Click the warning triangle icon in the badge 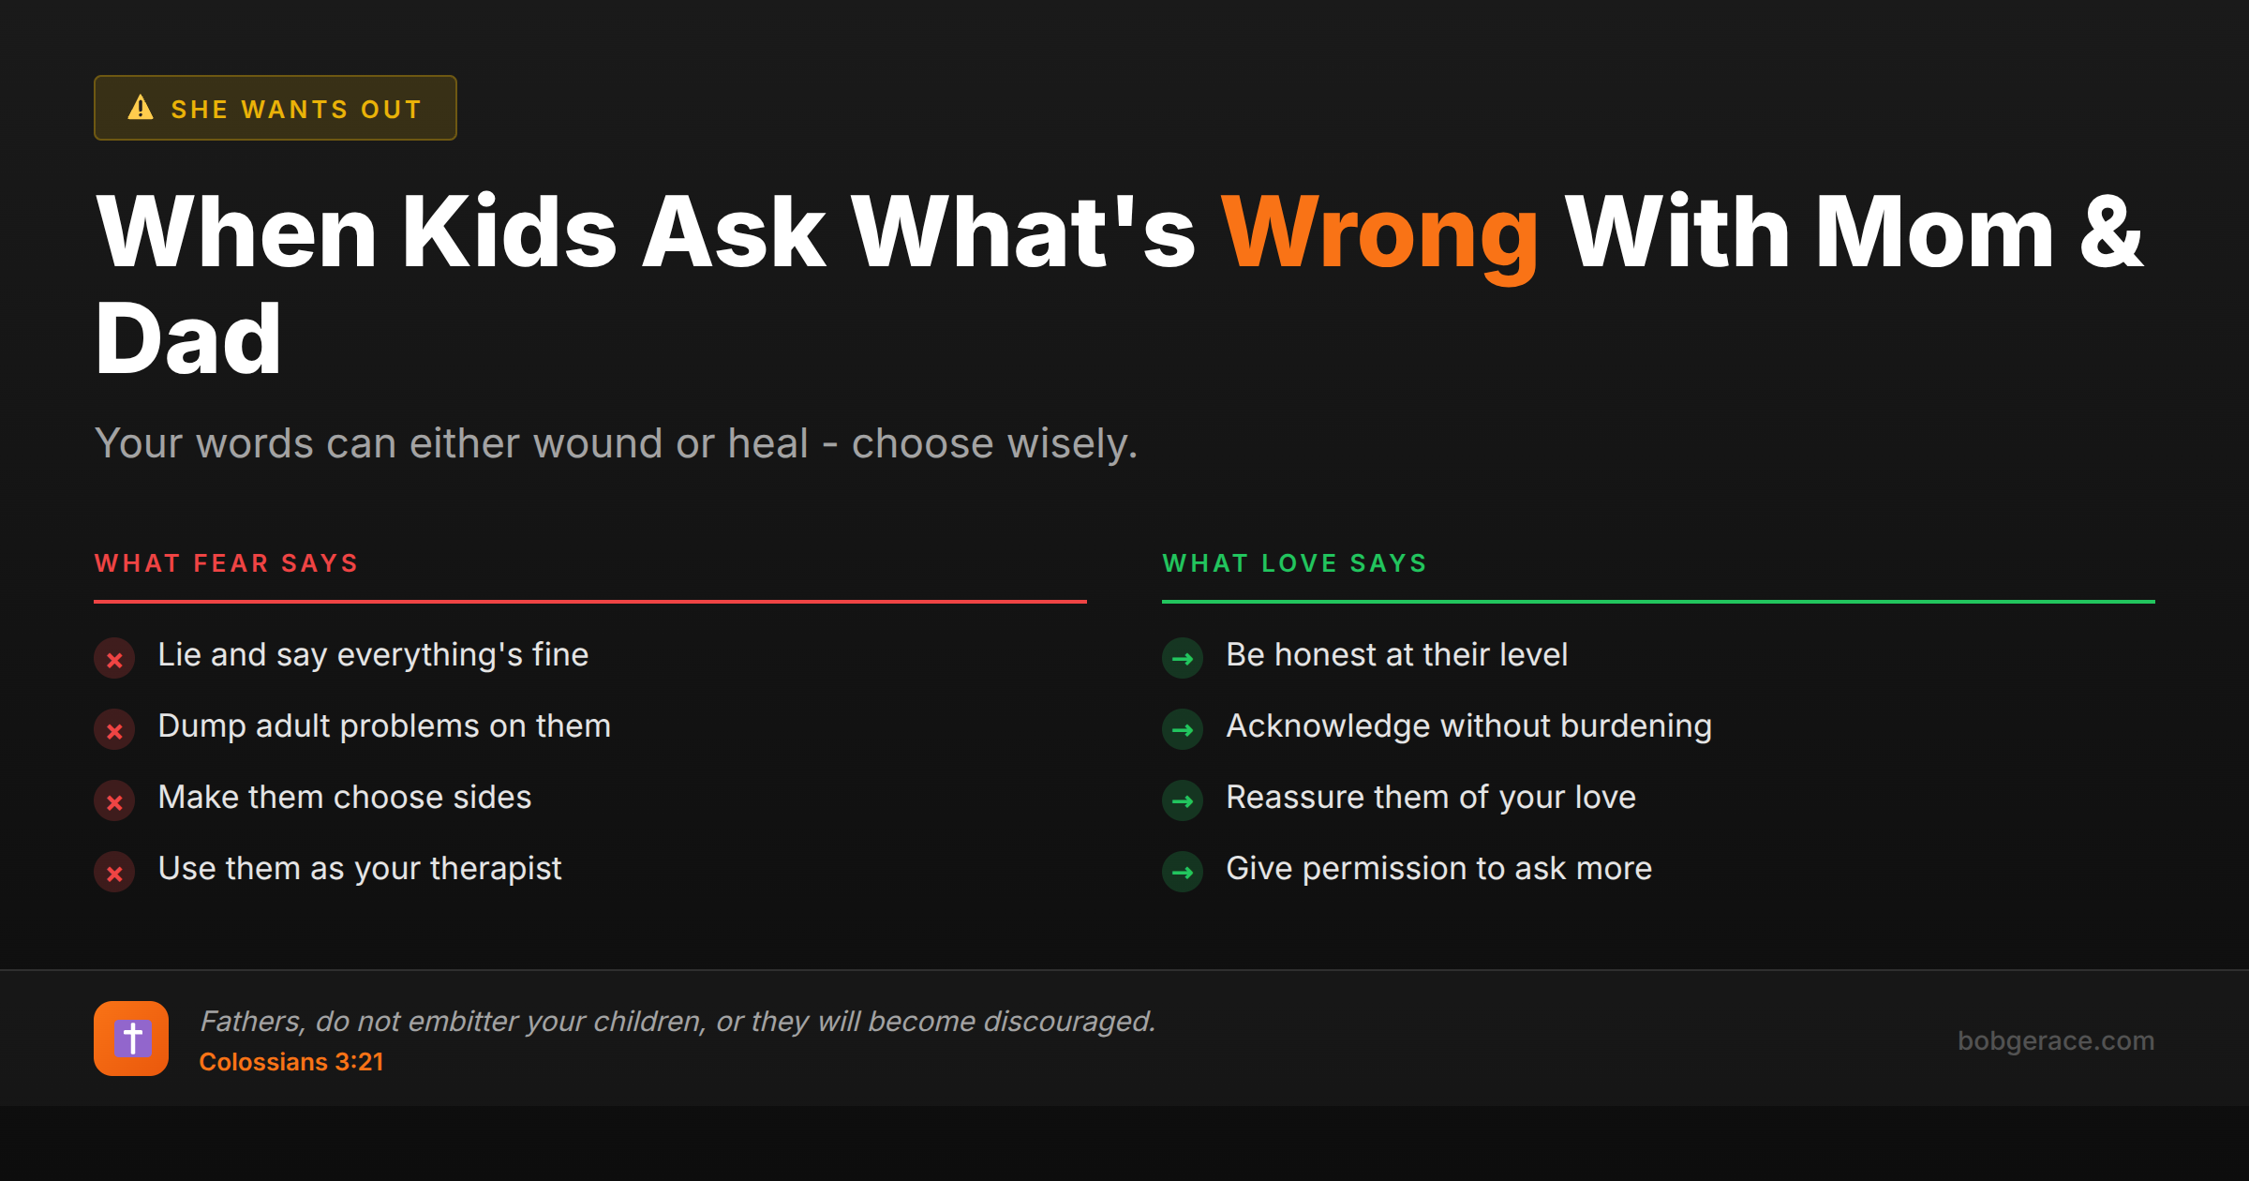(x=141, y=108)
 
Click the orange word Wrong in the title (x=1379, y=234)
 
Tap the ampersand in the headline (x=2110, y=232)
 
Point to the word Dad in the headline (x=188, y=339)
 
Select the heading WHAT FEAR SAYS (x=226, y=563)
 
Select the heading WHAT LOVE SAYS (x=1294, y=563)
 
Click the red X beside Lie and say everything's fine (x=114, y=659)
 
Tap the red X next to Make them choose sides (x=114, y=801)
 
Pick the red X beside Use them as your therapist (x=114, y=873)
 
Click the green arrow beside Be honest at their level (x=1183, y=659)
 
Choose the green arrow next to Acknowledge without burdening (x=1183, y=730)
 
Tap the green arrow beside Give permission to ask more (x=1183, y=873)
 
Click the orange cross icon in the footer (x=131, y=1039)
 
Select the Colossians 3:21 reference (x=291, y=1062)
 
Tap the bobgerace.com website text (x=2055, y=1040)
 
